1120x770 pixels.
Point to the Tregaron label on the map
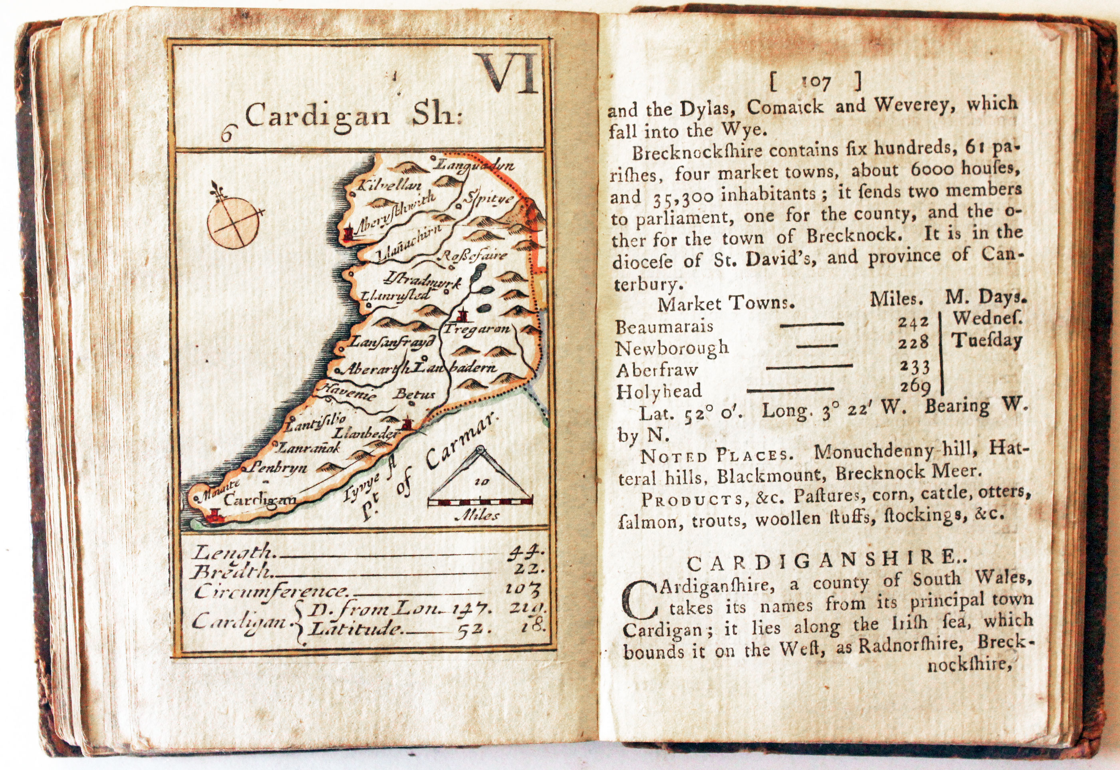coord(476,329)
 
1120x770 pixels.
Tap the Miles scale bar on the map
coord(480,502)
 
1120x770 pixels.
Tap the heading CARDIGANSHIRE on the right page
coord(819,563)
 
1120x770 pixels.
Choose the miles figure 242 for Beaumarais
coord(913,322)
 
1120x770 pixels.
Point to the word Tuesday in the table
coord(988,341)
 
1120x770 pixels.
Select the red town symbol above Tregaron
coord(464,316)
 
